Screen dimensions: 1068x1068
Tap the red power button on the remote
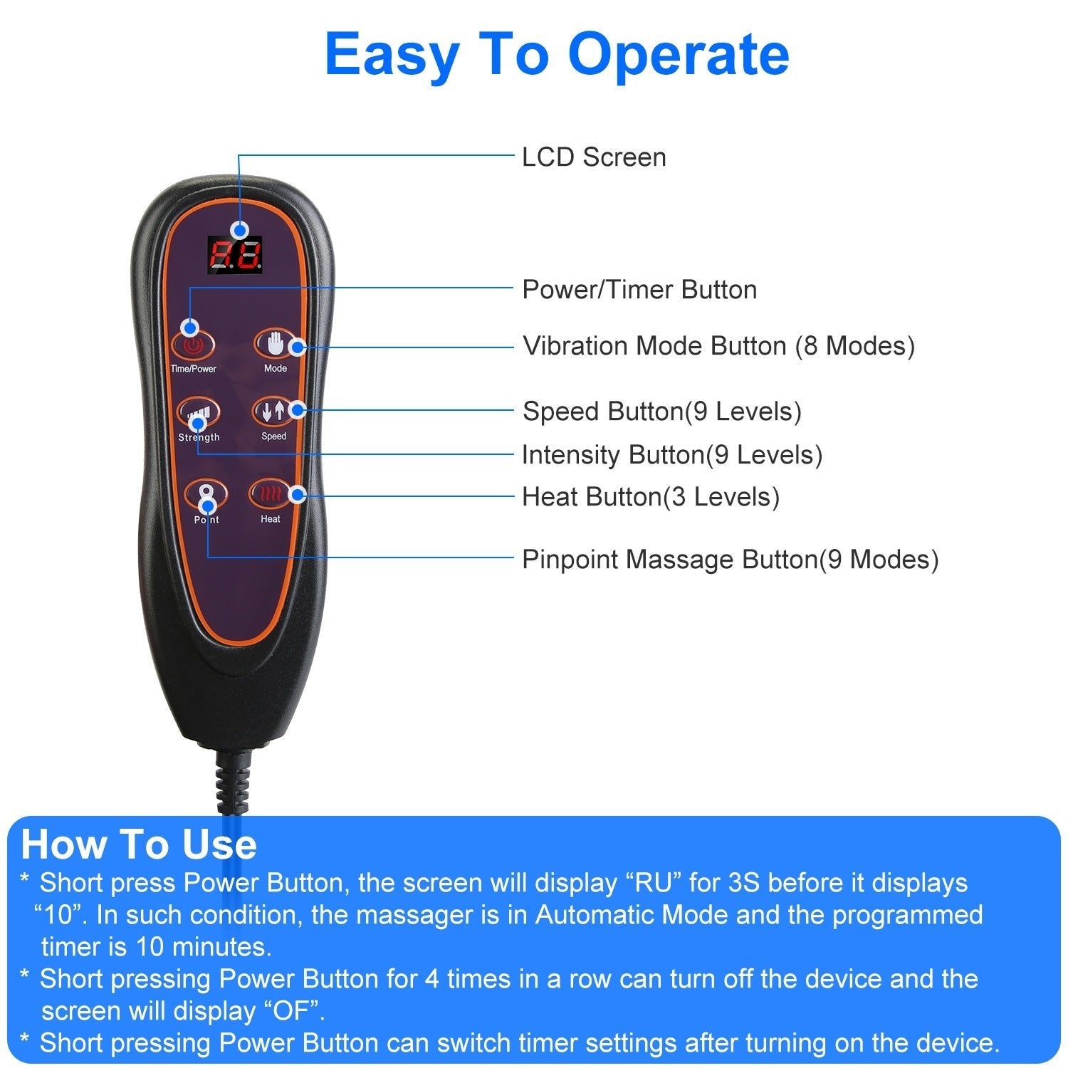tap(192, 346)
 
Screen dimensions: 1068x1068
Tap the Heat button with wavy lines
tap(269, 493)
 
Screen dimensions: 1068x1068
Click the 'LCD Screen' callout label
tap(594, 157)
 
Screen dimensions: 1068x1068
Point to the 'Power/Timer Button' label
tap(639, 290)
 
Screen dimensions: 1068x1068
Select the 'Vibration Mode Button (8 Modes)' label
tap(718, 346)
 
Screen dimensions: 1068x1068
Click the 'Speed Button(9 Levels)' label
tap(662, 412)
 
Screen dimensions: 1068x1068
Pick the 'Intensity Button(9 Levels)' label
tap(672, 455)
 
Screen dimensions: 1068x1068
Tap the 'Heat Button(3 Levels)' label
tap(651, 497)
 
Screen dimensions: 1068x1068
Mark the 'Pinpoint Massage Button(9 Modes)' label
tap(731, 560)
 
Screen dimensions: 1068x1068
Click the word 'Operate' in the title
tap(679, 54)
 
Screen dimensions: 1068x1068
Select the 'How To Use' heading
tap(139, 844)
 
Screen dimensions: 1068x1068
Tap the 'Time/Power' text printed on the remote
tap(193, 369)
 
